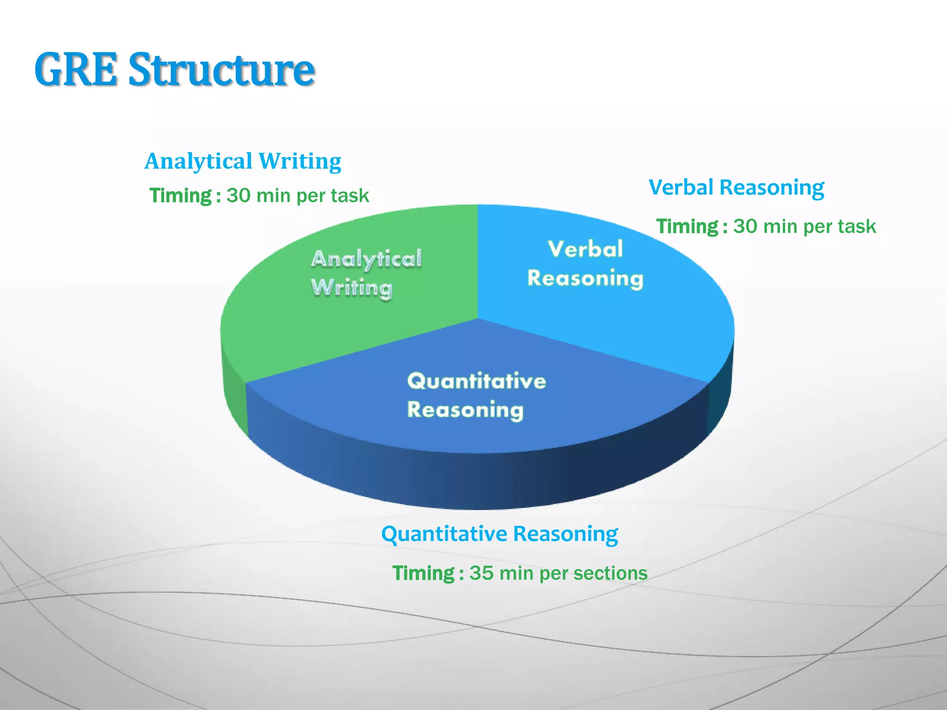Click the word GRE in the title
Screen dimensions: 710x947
pos(76,70)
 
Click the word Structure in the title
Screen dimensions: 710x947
pos(221,70)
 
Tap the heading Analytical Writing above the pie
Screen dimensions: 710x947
pos(243,161)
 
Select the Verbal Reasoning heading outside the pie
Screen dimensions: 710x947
pos(736,188)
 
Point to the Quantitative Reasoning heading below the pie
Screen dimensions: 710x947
pos(499,534)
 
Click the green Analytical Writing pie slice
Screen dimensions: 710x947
pos(324,333)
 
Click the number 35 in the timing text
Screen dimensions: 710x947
pos(481,573)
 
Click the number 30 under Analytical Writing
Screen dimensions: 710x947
pos(238,196)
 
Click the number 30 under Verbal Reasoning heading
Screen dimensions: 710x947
pos(745,226)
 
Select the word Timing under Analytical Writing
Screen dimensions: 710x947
pos(180,196)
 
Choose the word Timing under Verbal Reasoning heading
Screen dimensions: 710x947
pos(687,226)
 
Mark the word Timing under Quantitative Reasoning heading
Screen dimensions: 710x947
pos(424,573)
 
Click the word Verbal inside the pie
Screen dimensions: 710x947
pos(585,249)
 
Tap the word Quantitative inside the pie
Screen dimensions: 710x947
pos(476,381)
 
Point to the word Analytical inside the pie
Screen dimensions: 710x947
pos(366,259)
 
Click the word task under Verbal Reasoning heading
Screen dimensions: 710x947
pos(858,226)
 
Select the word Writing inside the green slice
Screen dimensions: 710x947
pos(351,288)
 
